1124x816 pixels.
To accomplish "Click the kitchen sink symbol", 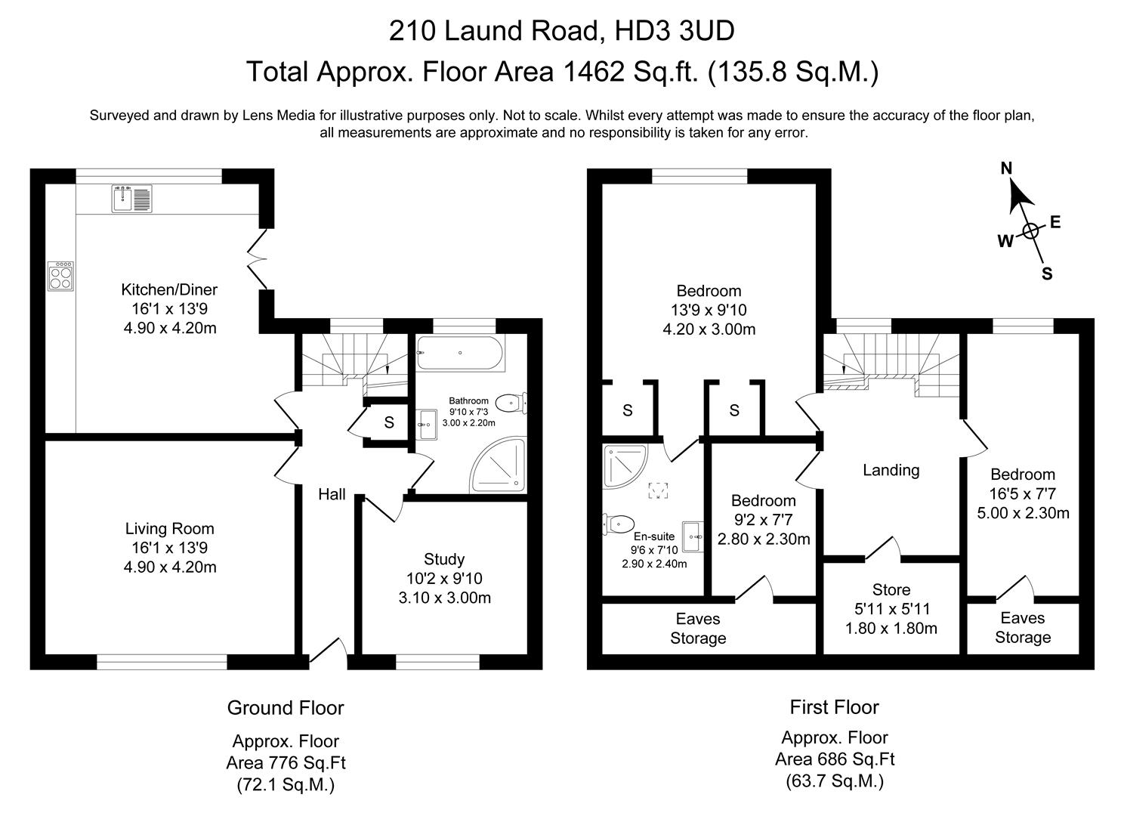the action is point(131,198).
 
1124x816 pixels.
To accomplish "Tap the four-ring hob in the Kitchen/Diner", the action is point(60,276).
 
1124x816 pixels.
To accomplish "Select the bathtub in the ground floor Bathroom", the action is point(461,353).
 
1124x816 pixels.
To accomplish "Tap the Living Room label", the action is point(170,529).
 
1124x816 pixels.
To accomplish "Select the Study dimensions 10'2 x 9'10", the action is point(444,579).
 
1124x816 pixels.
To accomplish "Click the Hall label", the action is point(332,494).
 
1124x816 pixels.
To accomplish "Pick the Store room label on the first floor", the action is point(891,589).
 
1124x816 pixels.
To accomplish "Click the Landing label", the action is point(891,470).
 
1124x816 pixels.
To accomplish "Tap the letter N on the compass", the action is point(1006,168).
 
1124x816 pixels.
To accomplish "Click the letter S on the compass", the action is point(1047,274).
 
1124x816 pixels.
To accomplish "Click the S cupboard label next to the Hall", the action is point(388,423).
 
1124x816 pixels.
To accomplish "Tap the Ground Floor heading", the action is point(285,708).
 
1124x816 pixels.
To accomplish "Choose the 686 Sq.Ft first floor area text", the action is point(835,759).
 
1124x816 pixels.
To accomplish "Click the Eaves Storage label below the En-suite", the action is point(698,629).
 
